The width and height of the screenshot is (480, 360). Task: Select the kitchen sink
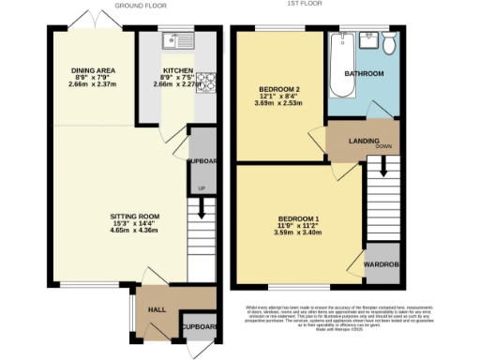[175, 40]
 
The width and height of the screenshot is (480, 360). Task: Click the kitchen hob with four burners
[207, 79]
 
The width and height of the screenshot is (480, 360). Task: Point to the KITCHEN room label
[178, 70]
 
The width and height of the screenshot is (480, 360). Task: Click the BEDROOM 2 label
[278, 90]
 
